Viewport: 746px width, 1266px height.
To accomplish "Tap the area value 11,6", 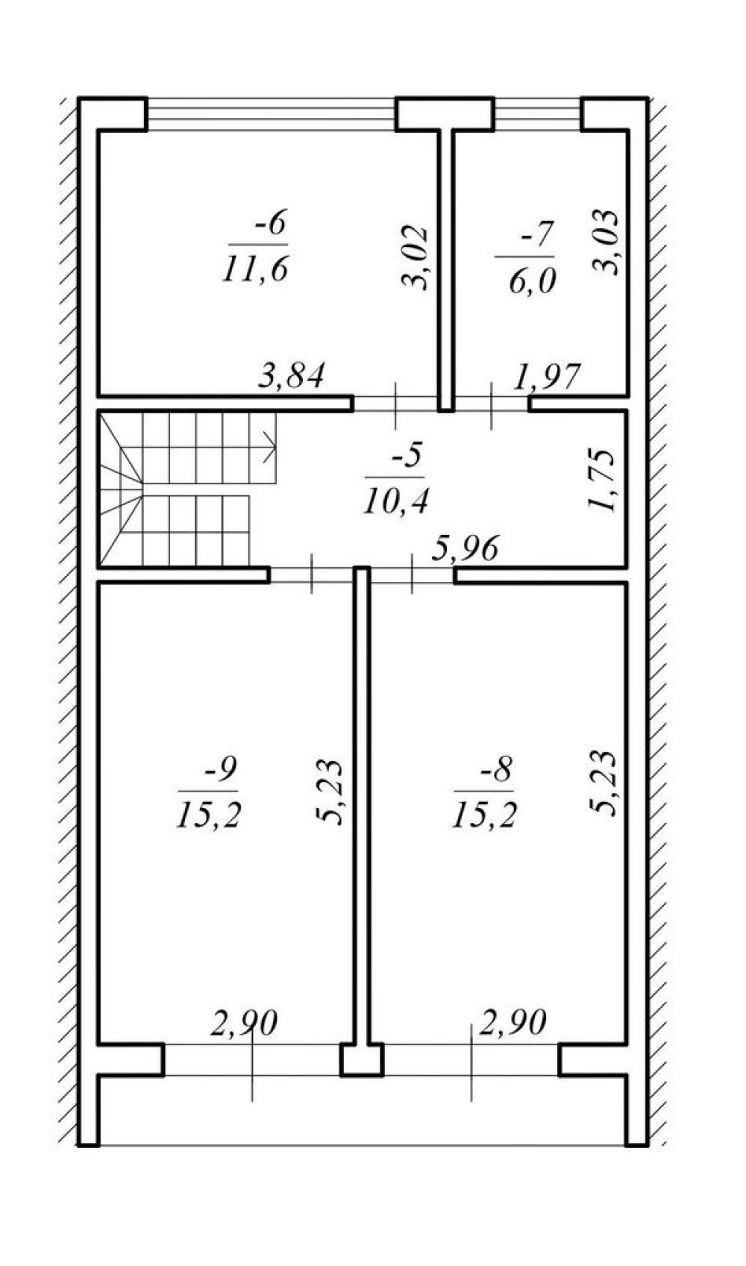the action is [x=255, y=269].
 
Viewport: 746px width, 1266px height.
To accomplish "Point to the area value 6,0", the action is [x=532, y=281].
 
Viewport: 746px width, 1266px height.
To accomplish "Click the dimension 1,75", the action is [x=601, y=480].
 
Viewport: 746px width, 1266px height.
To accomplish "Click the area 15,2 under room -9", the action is [x=209, y=815].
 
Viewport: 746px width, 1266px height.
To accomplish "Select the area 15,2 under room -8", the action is [x=484, y=815].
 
